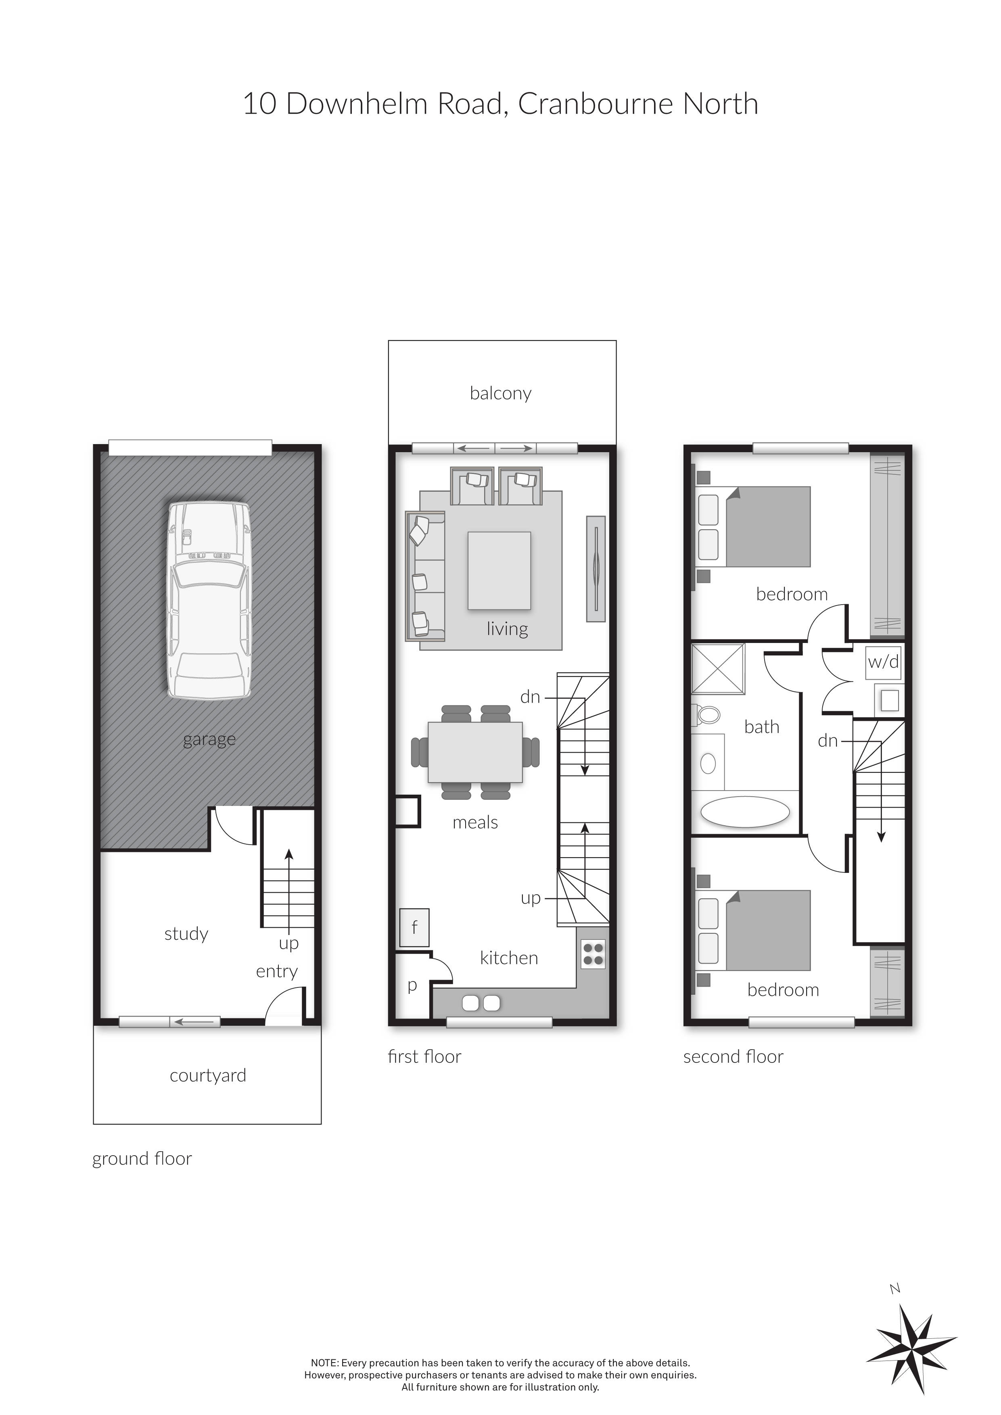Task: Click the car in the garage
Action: [x=209, y=601]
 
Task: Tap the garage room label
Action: [x=209, y=739]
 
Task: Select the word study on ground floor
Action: [x=186, y=934]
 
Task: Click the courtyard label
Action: [x=208, y=1075]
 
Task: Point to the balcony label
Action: [x=500, y=393]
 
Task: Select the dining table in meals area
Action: [x=475, y=752]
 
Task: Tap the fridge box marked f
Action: [x=414, y=927]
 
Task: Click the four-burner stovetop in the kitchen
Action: [x=593, y=954]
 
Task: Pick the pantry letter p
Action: [x=412, y=985]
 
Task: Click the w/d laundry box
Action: [x=883, y=662]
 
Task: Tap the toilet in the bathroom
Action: [x=707, y=715]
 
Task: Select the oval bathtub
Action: [x=745, y=812]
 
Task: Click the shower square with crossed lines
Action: [x=718, y=669]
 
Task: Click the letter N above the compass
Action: [x=895, y=1288]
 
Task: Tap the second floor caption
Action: [x=733, y=1057]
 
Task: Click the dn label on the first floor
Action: [x=530, y=697]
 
